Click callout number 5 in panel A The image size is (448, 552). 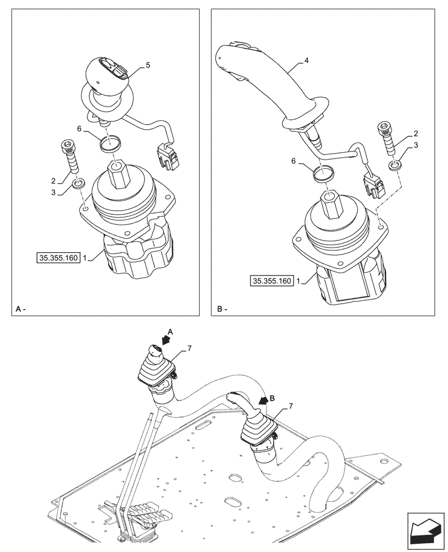pos(148,65)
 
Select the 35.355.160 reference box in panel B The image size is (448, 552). pos(271,281)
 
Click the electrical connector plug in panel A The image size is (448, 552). pos(169,155)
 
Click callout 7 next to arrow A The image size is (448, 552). pos(189,348)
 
